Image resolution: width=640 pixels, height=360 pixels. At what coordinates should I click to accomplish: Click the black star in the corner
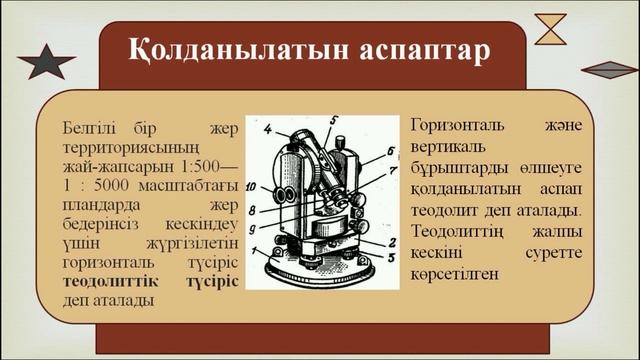tap(46, 61)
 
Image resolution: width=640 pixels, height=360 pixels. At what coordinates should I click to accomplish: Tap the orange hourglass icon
tap(550, 28)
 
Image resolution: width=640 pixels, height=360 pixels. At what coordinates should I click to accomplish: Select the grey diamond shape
tap(610, 69)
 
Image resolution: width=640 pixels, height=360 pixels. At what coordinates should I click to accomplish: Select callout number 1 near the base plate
tap(256, 252)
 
